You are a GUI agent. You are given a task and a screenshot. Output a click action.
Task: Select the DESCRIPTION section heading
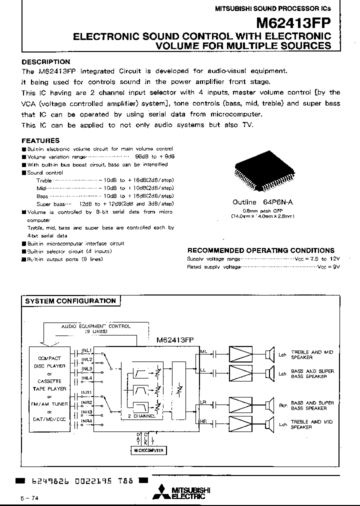(46, 62)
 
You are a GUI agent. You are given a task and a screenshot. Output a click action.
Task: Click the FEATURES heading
(40, 141)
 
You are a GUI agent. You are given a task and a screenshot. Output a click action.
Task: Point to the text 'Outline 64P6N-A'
(257, 202)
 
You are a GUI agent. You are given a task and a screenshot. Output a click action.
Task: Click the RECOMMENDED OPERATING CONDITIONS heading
(261, 250)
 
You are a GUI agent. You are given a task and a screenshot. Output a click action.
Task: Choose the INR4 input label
(87, 421)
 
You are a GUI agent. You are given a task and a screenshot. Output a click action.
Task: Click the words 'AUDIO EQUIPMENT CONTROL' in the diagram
(96, 326)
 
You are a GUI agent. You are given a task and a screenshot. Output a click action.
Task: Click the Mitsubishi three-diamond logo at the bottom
(162, 492)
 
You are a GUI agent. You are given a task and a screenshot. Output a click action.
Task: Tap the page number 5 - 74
(28, 498)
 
